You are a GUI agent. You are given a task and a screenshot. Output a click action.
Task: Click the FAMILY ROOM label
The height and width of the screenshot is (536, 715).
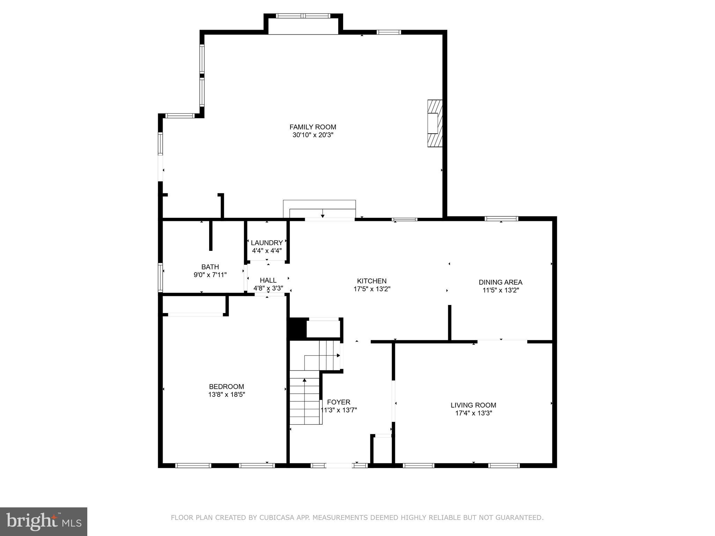coord(312,127)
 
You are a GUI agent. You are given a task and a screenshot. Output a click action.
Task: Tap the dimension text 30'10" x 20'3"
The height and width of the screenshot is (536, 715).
coord(313,135)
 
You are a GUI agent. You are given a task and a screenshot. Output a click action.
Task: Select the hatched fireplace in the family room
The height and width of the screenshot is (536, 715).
coord(435,123)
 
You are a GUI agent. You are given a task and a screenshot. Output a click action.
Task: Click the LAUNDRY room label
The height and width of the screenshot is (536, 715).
coord(267,243)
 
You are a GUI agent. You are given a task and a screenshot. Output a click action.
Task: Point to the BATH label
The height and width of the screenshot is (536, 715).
coord(210,267)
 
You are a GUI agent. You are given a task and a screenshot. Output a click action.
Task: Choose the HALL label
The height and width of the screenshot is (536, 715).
coord(268,280)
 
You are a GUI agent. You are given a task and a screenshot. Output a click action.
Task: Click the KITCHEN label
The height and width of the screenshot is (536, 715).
coord(371,281)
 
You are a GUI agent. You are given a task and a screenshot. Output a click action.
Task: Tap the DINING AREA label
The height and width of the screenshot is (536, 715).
coord(500,282)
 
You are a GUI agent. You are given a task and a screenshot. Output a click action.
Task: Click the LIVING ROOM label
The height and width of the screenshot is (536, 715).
coord(473,405)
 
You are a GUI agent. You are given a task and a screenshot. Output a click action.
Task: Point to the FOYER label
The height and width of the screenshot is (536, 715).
coord(339,402)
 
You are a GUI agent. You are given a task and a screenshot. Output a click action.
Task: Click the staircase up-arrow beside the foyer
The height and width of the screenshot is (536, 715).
coord(304,380)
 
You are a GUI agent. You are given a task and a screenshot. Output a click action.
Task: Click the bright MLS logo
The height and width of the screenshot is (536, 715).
coord(44,521)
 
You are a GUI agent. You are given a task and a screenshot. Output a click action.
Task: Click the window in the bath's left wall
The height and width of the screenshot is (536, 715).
coord(160,277)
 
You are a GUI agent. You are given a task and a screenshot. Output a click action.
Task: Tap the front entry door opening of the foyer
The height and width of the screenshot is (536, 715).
coord(339,465)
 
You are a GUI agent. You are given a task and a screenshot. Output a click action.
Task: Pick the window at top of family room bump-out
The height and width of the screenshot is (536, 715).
coord(303,16)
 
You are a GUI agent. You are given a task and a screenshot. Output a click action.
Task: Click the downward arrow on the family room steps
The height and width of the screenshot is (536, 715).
coord(323,214)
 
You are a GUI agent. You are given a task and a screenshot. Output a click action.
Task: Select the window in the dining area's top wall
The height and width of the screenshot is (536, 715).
coord(501,219)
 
